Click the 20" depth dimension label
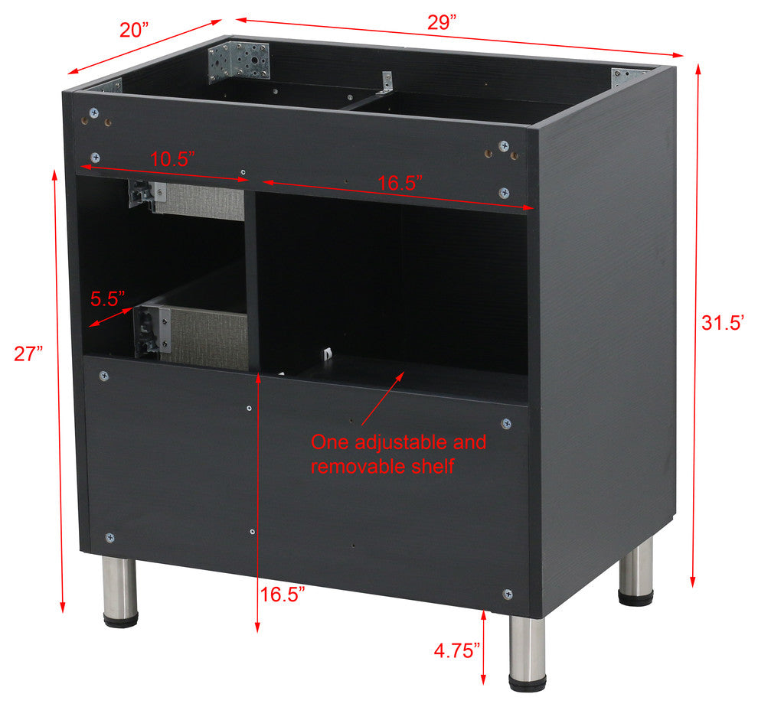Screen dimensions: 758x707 [x=134, y=30]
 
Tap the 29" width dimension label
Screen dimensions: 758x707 [x=442, y=22]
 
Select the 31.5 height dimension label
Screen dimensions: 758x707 [x=722, y=322]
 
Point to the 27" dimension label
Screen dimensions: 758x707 [x=28, y=353]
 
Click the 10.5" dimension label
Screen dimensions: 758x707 [x=172, y=159]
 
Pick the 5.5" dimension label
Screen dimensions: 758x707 [x=108, y=298]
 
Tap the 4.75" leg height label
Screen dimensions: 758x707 [x=457, y=650]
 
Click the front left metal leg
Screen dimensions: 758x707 [x=120, y=592]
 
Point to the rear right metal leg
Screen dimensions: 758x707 [x=636, y=572]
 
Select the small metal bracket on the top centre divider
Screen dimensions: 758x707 [x=386, y=83]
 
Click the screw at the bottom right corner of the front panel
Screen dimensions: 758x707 [x=508, y=594]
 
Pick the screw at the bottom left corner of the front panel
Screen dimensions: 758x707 [x=110, y=537]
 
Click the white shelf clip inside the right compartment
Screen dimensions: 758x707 [x=327, y=353]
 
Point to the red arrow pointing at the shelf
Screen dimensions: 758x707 [x=383, y=399]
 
